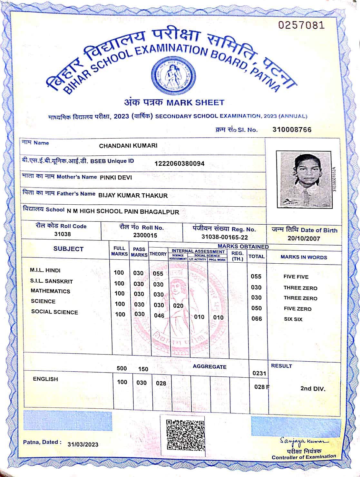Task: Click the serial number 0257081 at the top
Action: (x=301, y=25)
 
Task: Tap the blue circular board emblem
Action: (x=173, y=75)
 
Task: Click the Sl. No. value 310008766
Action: (x=292, y=130)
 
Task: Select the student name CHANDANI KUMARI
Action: (x=128, y=146)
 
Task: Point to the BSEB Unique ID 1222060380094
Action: (x=179, y=163)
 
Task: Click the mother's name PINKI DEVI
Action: (x=116, y=177)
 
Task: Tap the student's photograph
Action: (x=306, y=180)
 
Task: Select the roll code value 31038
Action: (x=62, y=234)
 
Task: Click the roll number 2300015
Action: (x=145, y=235)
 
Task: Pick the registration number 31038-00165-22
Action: (x=224, y=237)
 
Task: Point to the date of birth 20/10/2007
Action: (x=304, y=238)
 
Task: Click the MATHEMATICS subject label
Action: (x=50, y=291)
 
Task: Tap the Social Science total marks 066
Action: (x=257, y=319)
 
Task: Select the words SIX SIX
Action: (x=293, y=319)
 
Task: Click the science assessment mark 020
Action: (x=178, y=306)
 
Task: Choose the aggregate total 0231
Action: (x=259, y=373)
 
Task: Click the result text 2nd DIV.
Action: (x=313, y=388)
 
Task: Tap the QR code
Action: (x=185, y=434)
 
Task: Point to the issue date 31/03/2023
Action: (x=83, y=444)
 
